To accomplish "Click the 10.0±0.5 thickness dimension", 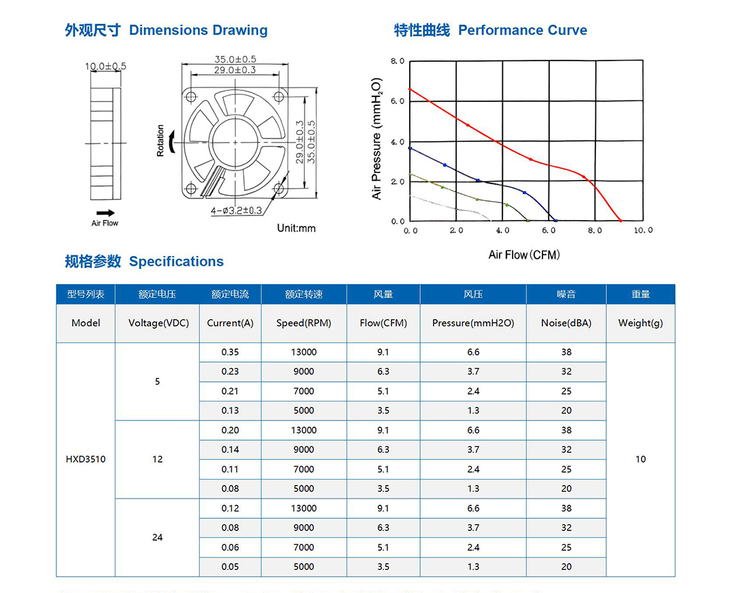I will point(105,67).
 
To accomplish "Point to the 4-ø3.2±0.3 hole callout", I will point(236,211).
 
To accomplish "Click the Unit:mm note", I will point(296,228).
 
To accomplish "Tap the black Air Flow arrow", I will point(105,212).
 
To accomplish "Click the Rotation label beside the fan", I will point(160,141).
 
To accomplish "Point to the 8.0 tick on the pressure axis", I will point(398,61).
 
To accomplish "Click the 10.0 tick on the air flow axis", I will point(642,230).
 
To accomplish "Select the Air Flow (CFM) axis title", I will point(524,255).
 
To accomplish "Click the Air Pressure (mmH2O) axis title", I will point(377,138).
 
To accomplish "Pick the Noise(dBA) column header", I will point(566,323).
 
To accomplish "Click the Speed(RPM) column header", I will point(304,323).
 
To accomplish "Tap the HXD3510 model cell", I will point(86,459).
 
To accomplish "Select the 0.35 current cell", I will point(231,352).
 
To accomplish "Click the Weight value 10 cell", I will point(640,459).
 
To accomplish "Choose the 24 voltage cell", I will point(157,537).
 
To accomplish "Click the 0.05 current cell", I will point(231,567).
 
